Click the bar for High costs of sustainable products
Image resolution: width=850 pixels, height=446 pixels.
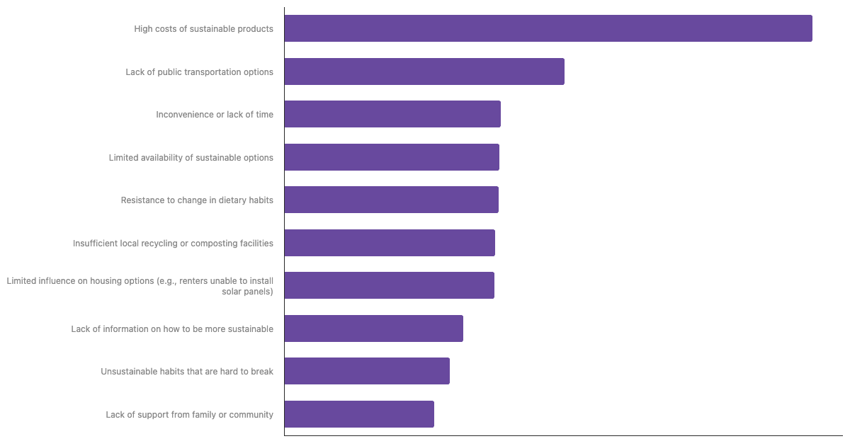548,28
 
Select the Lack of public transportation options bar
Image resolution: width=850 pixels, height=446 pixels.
424,72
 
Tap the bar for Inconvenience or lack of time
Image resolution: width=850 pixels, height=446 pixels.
392,114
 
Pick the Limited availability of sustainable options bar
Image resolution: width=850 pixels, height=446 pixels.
392,157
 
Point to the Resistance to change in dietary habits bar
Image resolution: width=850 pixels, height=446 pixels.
392,200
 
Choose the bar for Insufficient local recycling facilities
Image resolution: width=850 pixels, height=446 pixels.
390,243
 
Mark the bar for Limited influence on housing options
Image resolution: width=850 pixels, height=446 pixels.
390,285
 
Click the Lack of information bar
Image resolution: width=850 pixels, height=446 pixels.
374,328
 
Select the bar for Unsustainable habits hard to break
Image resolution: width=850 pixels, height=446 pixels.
367,371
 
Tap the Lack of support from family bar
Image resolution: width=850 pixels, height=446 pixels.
359,414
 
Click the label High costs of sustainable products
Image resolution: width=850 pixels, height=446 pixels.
203,29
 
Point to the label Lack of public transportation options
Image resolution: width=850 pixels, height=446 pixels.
199,72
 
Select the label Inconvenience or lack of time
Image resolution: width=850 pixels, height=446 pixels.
215,115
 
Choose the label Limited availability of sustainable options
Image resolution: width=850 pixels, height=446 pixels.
191,158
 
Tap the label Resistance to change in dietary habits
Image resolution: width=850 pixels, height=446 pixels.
197,200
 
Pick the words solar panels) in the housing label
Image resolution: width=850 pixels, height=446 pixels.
247,292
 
